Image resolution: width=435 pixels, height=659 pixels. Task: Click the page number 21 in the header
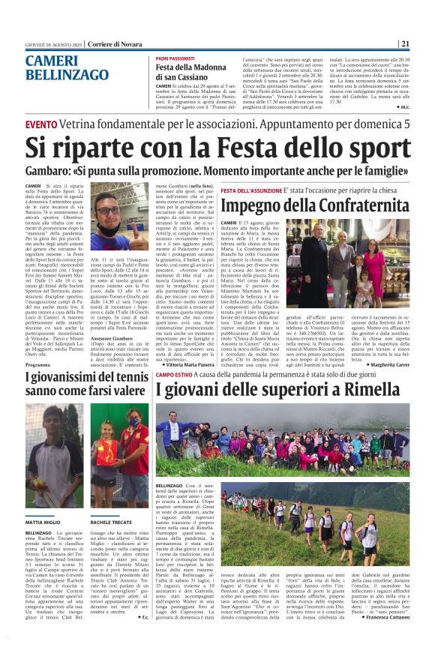(x=404, y=43)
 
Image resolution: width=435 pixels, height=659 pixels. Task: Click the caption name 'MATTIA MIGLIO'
(x=43, y=500)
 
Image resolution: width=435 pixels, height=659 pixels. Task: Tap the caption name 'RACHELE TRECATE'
(x=112, y=500)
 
